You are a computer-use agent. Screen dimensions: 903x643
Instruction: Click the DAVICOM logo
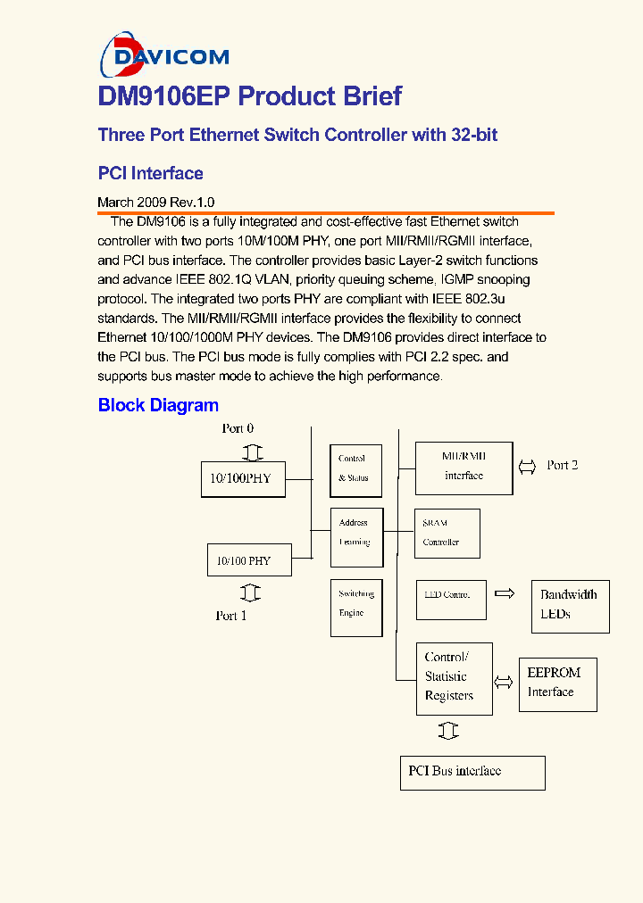(x=164, y=55)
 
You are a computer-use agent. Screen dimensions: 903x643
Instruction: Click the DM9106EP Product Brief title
(x=249, y=96)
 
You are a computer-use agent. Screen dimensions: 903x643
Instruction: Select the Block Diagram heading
(x=158, y=405)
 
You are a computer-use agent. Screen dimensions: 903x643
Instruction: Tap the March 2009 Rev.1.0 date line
(x=155, y=203)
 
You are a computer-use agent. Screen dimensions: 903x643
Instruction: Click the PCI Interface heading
(x=150, y=173)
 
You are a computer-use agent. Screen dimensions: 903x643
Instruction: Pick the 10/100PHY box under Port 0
(x=241, y=479)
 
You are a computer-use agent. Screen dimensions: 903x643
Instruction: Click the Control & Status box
(x=355, y=469)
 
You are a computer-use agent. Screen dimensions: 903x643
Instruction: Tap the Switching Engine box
(x=355, y=607)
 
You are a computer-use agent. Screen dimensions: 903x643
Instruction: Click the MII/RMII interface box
(x=463, y=468)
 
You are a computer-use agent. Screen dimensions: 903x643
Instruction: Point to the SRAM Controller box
(x=447, y=534)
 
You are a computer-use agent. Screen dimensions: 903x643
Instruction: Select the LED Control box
(x=451, y=600)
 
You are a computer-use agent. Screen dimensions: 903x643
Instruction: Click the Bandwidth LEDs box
(x=571, y=604)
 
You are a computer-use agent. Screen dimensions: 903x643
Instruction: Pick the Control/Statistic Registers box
(x=454, y=677)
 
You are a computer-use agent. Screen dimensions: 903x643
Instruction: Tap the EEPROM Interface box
(x=557, y=683)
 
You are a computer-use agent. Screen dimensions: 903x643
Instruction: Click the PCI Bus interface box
(x=472, y=772)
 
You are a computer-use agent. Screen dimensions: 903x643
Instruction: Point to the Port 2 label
(x=562, y=465)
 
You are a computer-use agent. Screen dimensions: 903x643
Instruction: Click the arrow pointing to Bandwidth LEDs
(x=505, y=593)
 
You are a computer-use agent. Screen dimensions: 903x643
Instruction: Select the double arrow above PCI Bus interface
(x=448, y=732)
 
